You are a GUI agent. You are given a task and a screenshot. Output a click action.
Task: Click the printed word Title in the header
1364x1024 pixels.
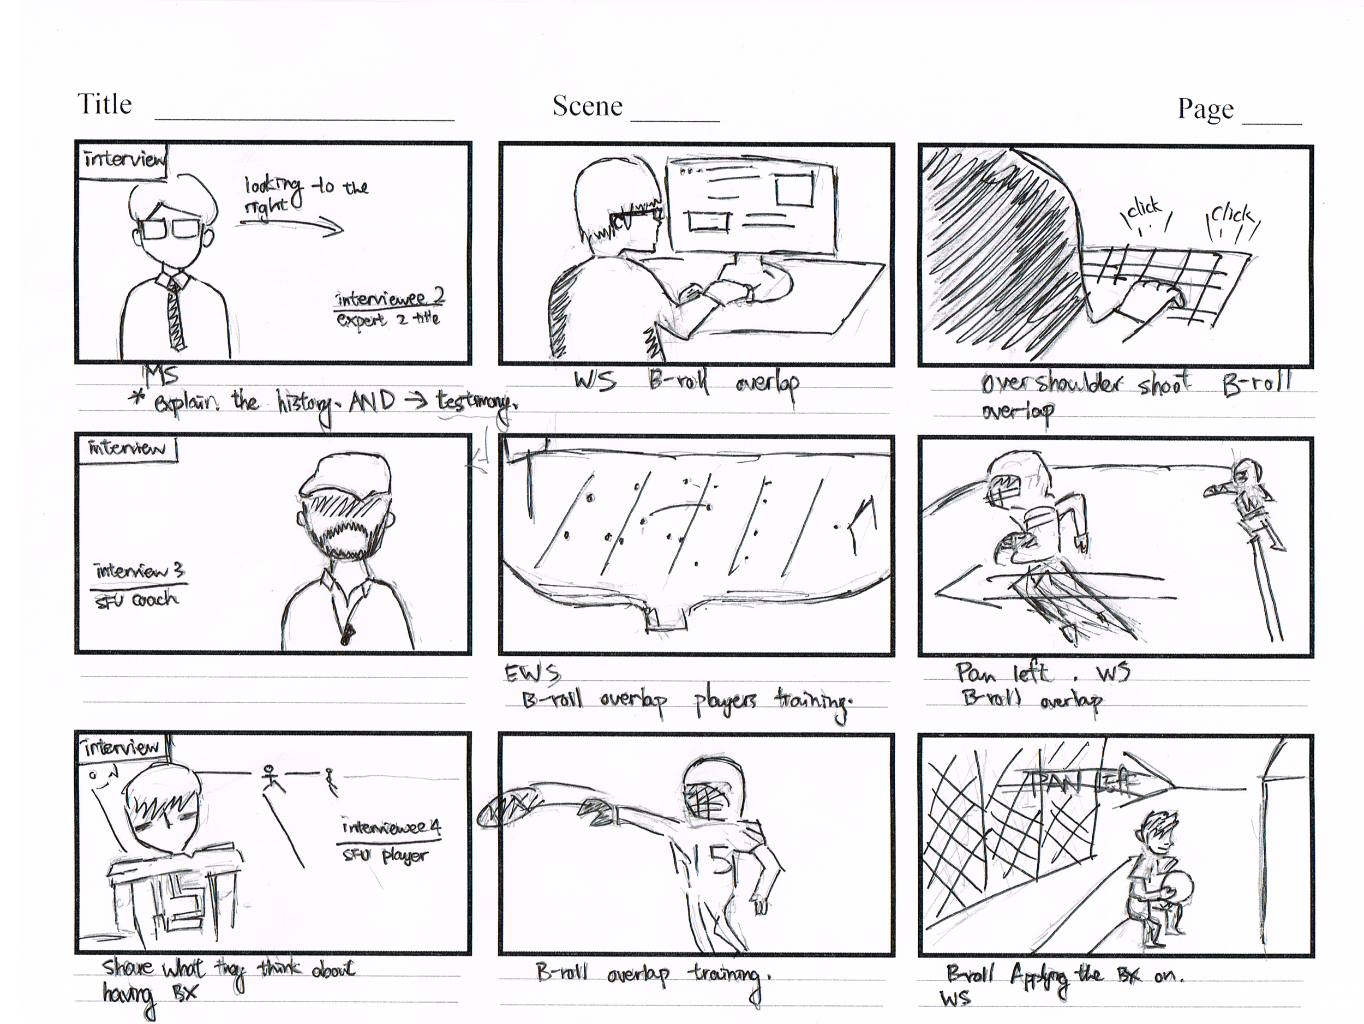coord(104,105)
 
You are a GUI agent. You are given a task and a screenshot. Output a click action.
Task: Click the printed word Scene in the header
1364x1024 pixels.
coord(587,106)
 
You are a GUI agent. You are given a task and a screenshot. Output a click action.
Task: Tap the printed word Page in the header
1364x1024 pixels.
coord(1206,109)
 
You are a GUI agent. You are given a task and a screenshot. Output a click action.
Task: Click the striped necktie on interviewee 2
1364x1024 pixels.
coord(176,314)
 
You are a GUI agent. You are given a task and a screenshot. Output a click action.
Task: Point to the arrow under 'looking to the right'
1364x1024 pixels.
coord(290,227)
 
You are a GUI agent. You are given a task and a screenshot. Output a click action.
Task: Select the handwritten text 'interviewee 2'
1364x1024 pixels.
coord(389,298)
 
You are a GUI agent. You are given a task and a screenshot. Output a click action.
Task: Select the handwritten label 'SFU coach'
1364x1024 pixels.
coord(137,599)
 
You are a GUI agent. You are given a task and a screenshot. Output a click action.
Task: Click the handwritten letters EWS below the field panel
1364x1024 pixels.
coord(532,674)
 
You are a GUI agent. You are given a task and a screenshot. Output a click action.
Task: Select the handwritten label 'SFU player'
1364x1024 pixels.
coord(385,855)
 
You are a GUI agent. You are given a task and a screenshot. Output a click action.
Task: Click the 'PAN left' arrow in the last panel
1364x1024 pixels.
coord(1085,783)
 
